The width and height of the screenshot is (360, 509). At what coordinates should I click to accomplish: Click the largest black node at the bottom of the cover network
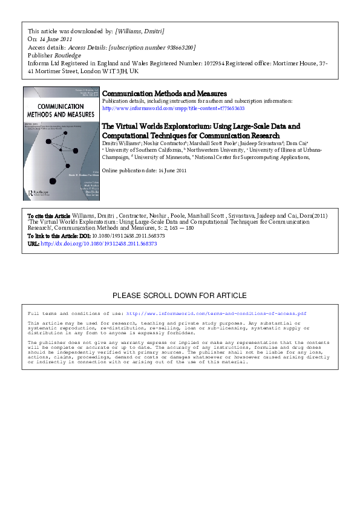52,181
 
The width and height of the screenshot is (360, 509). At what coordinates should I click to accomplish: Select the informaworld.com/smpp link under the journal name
165,109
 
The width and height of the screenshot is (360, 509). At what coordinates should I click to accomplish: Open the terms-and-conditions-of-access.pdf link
216,314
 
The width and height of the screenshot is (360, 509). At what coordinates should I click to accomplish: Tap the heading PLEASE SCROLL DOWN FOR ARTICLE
180,296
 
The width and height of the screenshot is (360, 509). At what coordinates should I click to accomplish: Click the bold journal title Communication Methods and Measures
165,94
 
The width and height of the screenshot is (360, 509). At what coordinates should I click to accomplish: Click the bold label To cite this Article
50,215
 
